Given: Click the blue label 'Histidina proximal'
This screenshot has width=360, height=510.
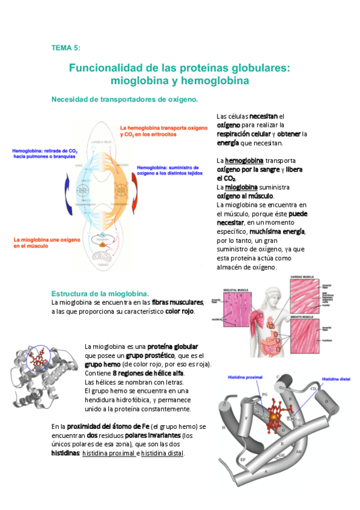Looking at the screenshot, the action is (x=245, y=377).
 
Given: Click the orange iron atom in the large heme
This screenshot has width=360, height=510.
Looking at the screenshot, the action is (x=273, y=417).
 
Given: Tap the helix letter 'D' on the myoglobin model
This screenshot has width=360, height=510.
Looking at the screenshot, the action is (x=326, y=400).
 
